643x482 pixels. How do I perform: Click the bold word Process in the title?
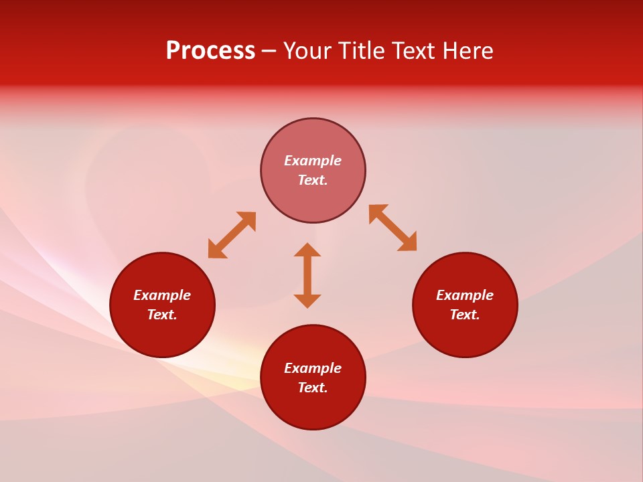(210, 51)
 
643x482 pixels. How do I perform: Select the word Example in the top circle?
(313, 161)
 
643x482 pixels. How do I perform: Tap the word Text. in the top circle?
(313, 180)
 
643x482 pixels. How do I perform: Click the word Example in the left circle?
(162, 295)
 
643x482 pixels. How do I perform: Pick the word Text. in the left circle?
(162, 315)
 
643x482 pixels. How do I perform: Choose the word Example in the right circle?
(465, 295)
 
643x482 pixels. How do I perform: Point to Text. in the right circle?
(465, 315)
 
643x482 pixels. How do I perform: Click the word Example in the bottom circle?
(313, 368)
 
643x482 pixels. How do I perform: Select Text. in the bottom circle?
(313, 388)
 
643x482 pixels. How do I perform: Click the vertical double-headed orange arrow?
(307, 275)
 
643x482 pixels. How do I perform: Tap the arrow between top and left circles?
(232, 235)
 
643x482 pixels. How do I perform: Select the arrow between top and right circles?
(393, 228)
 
